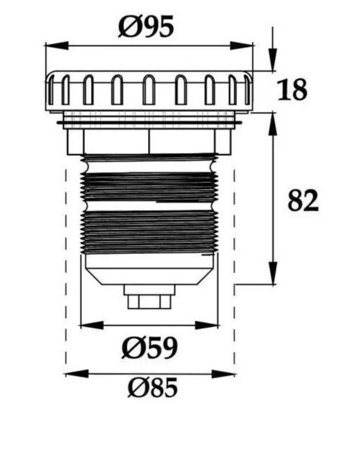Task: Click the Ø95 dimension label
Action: (146, 26)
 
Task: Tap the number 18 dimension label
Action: (292, 90)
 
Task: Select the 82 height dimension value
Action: (303, 200)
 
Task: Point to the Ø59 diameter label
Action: (149, 348)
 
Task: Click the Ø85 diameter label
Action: (153, 387)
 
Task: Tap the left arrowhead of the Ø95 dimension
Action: (57, 46)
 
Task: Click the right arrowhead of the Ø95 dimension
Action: (241, 46)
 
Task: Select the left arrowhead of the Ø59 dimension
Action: (92, 325)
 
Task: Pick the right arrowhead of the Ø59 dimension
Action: (206, 325)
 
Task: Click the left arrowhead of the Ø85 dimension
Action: (77, 374)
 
